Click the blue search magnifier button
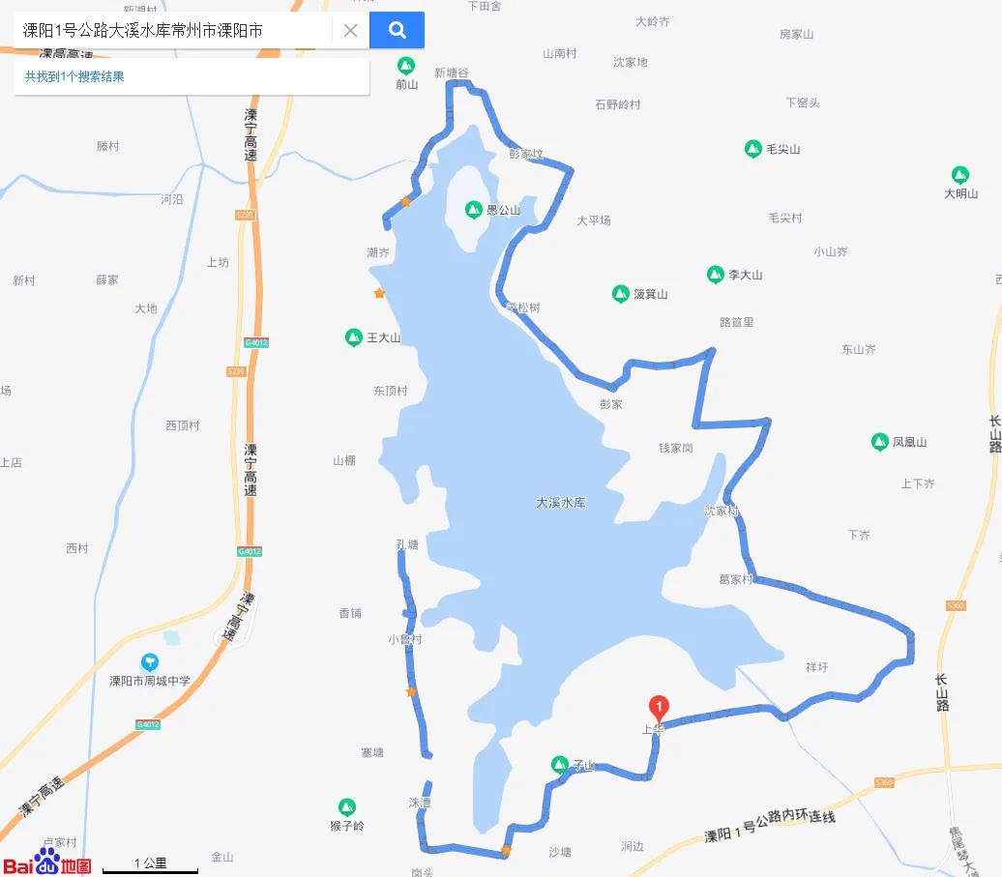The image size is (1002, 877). (397, 30)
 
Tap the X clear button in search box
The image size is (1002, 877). (350, 30)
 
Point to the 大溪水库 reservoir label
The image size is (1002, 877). (561, 503)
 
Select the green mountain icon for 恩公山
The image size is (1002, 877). (474, 209)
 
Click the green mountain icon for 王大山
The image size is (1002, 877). (354, 337)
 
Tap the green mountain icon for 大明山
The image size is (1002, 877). (960, 175)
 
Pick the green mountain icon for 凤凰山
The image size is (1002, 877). (880, 442)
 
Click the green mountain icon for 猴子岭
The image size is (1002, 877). (347, 807)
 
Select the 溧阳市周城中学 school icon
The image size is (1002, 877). (150, 662)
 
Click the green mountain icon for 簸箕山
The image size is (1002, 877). (621, 294)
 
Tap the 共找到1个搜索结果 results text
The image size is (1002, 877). (74, 76)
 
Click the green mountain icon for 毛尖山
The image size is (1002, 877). (753, 149)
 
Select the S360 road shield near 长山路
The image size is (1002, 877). (955, 605)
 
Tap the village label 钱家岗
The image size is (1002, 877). (676, 448)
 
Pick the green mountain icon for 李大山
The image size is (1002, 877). (716, 275)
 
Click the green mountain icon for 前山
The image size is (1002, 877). (406, 66)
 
